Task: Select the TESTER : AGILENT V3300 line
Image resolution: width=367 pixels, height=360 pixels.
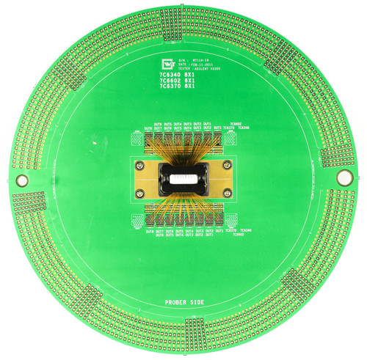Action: [x=208, y=69]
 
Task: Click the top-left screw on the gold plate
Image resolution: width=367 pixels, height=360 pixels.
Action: [x=139, y=166]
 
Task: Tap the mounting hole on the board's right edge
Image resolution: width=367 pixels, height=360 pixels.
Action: [x=343, y=178]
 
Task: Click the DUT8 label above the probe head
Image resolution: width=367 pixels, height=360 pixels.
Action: [x=149, y=128]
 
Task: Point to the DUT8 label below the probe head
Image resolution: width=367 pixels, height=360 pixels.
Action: [x=150, y=231]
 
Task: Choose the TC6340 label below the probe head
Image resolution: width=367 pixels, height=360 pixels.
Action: [x=246, y=231]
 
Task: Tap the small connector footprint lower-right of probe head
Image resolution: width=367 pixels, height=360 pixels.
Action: [x=230, y=220]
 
